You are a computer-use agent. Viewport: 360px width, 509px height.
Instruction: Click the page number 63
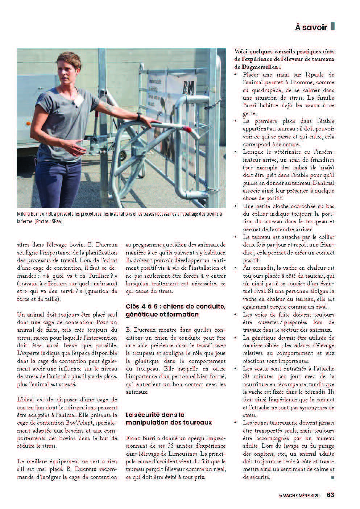click(x=330, y=494)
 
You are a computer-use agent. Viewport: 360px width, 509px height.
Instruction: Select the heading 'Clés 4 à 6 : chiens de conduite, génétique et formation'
click(x=175, y=310)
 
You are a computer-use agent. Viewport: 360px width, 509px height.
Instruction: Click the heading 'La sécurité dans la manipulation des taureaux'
click(x=169, y=418)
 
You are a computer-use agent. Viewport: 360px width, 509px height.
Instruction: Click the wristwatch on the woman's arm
click(x=138, y=116)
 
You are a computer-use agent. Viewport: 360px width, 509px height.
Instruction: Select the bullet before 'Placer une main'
click(x=236, y=74)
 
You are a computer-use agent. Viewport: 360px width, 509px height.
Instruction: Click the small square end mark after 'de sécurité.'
click(x=332, y=477)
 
